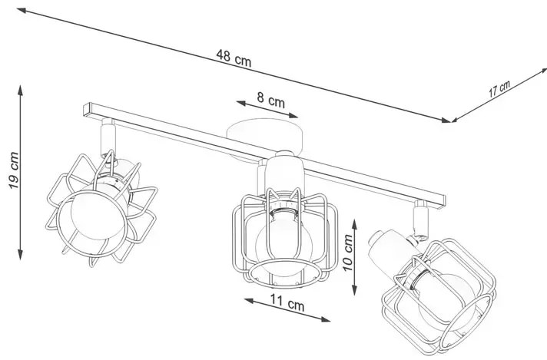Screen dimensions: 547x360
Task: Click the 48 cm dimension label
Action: point(234,58)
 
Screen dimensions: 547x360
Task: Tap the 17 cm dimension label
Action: point(499,88)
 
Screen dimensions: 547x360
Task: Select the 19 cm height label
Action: point(14,170)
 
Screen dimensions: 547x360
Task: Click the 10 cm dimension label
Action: point(347,253)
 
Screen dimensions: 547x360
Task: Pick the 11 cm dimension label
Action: point(287,303)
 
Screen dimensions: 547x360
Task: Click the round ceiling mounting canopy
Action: point(264,138)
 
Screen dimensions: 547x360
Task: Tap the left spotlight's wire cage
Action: point(101,208)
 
